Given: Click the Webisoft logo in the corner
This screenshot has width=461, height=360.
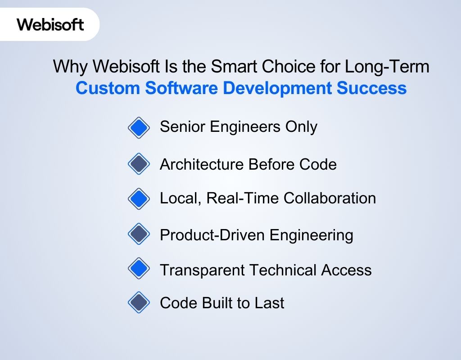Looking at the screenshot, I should pos(50,24).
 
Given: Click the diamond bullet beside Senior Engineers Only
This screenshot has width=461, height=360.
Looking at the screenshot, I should pos(139,128).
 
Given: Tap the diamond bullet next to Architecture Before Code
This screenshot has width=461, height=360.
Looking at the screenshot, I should pos(139,164).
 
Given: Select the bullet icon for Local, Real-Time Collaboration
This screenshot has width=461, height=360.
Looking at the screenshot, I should pos(139,198).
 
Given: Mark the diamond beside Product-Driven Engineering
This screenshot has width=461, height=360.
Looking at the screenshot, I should pos(139,234).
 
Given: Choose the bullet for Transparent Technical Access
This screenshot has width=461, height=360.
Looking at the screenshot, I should pos(139,269).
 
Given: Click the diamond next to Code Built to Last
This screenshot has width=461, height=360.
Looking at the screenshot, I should pos(139,302).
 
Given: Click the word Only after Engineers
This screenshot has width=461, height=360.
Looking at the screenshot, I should pos(301,127).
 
